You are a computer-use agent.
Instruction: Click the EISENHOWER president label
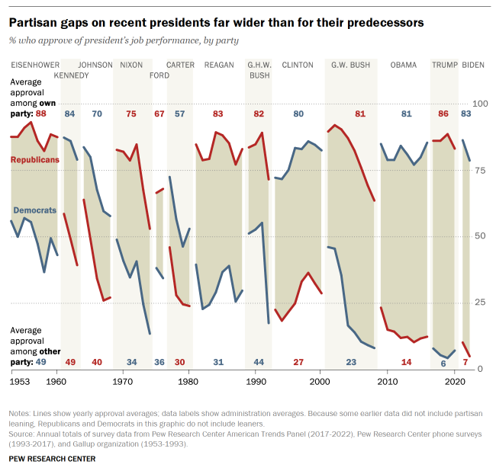(34, 66)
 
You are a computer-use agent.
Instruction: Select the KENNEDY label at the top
(72, 75)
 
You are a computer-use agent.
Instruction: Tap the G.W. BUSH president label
(350, 66)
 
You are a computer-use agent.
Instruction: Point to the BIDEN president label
(473, 66)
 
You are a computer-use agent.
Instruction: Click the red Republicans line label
(34, 160)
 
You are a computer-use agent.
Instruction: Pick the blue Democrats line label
(35, 210)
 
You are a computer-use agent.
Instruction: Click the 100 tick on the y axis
(481, 104)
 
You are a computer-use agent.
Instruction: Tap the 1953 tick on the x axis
(21, 380)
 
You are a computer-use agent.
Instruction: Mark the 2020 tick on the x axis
(454, 380)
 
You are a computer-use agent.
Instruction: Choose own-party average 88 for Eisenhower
(41, 114)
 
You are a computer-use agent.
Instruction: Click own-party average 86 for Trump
(443, 114)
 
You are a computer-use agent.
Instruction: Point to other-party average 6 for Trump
(443, 363)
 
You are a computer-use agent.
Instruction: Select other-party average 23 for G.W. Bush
(351, 362)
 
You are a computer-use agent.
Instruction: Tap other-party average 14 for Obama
(406, 362)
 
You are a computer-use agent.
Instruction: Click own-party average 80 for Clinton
(298, 114)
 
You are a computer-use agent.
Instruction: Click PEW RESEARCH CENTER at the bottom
(53, 460)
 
